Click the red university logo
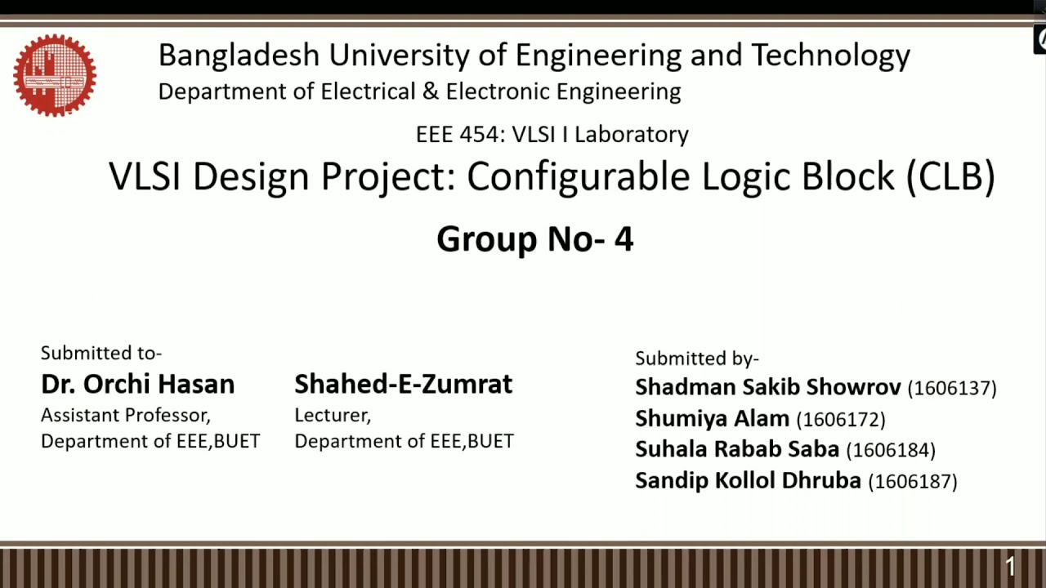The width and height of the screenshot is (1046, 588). pyautogui.click(x=55, y=75)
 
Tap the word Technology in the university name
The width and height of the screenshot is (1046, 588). pyautogui.click(x=830, y=56)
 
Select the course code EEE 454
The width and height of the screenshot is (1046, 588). pyautogui.click(x=457, y=134)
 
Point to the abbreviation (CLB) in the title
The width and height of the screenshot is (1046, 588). pyautogui.click(x=950, y=176)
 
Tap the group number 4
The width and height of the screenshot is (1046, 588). pyautogui.click(x=624, y=239)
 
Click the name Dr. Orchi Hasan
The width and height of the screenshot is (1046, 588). pyautogui.click(x=137, y=384)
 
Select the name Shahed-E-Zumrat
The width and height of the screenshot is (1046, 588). pyautogui.click(x=403, y=384)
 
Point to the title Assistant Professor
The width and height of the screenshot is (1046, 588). pyautogui.click(x=126, y=415)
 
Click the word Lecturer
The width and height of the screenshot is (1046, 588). pyautogui.click(x=332, y=416)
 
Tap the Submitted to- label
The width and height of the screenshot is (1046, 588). pyautogui.click(x=101, y=353)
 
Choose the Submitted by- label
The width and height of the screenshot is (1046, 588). pyautogui.click(x=697, y=359)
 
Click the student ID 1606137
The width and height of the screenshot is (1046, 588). pyautogui.click(x=952, y=388)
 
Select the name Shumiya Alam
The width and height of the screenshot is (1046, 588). pyautogui.click(x=712, y=419)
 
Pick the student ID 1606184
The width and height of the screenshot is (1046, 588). pyautogui.click(x=891, y=450)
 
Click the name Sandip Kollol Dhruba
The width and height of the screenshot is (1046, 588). pyautogui.click(x=748, y=481)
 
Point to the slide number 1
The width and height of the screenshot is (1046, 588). pyautogui.click(x=1010, y=567)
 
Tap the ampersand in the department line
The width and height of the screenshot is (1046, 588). pyautogui.click(x=430, y=91)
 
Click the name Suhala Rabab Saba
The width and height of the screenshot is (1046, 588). pyautogui.click(x=737, y=450)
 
